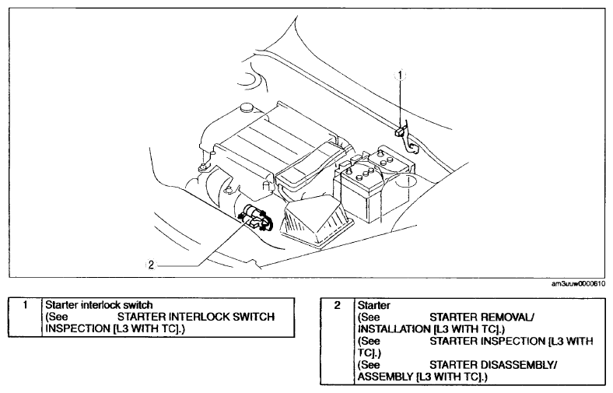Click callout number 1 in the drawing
(x=400, y=74)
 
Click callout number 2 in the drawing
(x=151, y=265)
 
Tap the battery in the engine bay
(x=373, y=184)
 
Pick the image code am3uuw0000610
(x=578, y=284)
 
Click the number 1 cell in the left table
(x=25, y=304)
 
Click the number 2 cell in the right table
(x=338, y=305)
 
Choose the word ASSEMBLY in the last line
(x=385, y=377)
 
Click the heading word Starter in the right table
(x=373, y=305)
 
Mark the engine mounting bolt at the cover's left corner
(x=203, y=168)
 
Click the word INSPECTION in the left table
(x=78, y=328)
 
